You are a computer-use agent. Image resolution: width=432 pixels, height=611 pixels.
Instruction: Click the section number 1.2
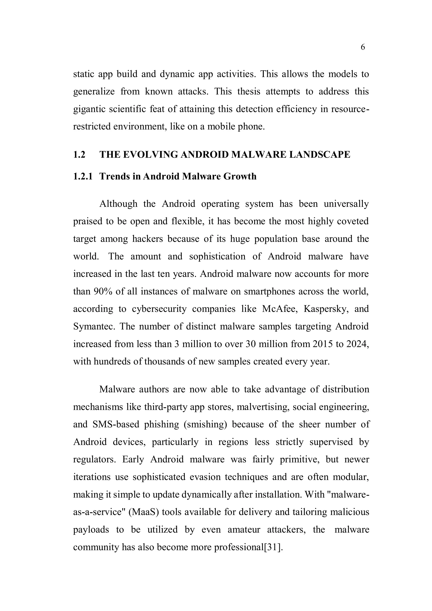pos(79,155)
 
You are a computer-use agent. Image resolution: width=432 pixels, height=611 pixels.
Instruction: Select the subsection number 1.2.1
pos(83,176)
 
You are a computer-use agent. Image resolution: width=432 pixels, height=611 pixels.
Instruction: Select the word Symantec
pos(94,327)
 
